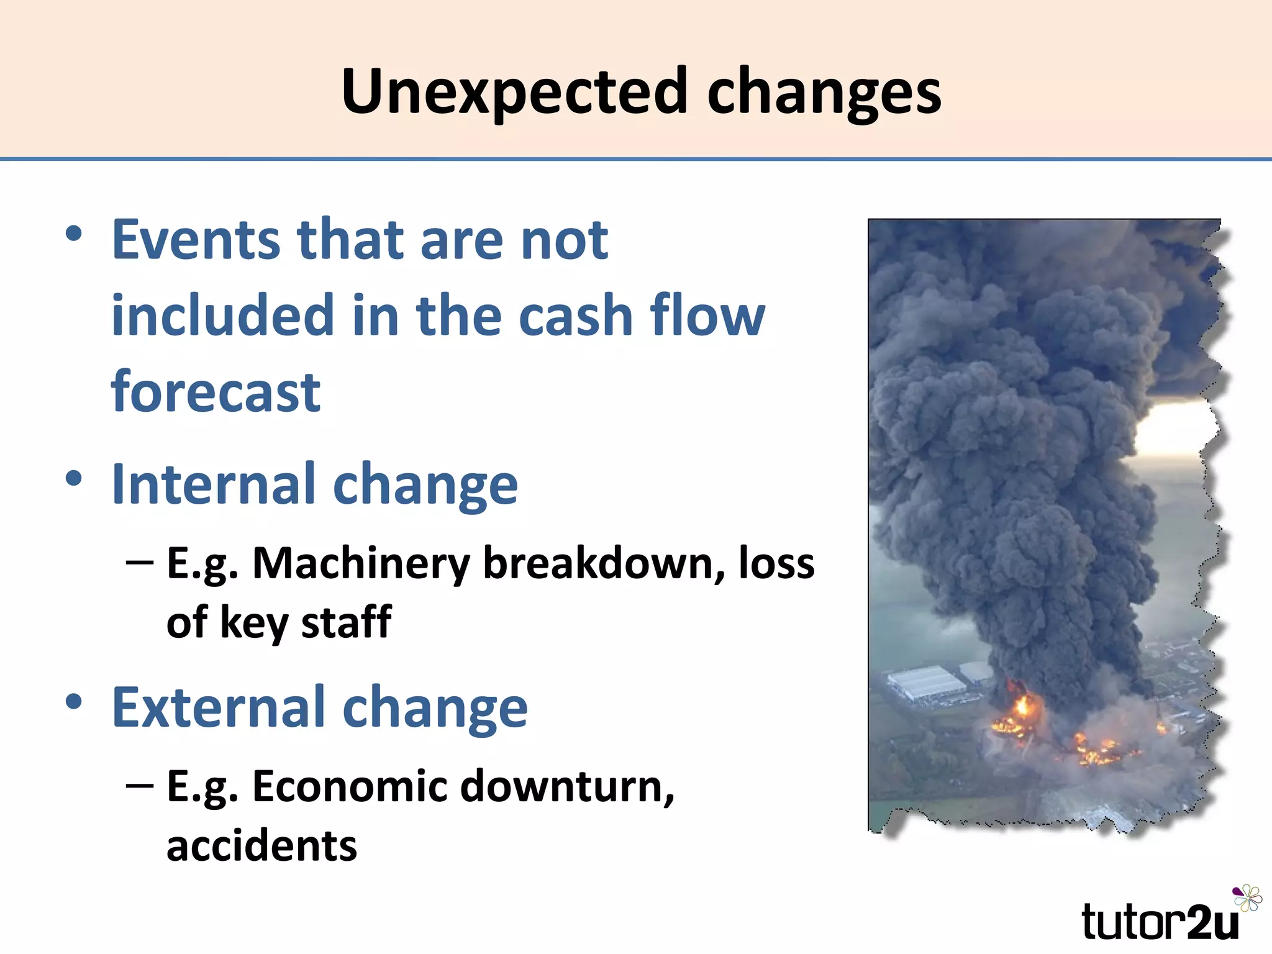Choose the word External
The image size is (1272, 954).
(x=217, y=707)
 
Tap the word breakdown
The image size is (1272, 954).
(x=604, y=563)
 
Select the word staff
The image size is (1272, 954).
(x=346, y=622)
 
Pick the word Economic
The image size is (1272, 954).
(x=350, y=786)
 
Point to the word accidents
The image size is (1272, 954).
(x=261, y=846)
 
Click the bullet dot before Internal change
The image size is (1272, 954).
(x=74, y=479)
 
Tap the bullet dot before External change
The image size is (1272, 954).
(x=74, y=702)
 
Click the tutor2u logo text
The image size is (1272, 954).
(x=1159, y=922)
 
